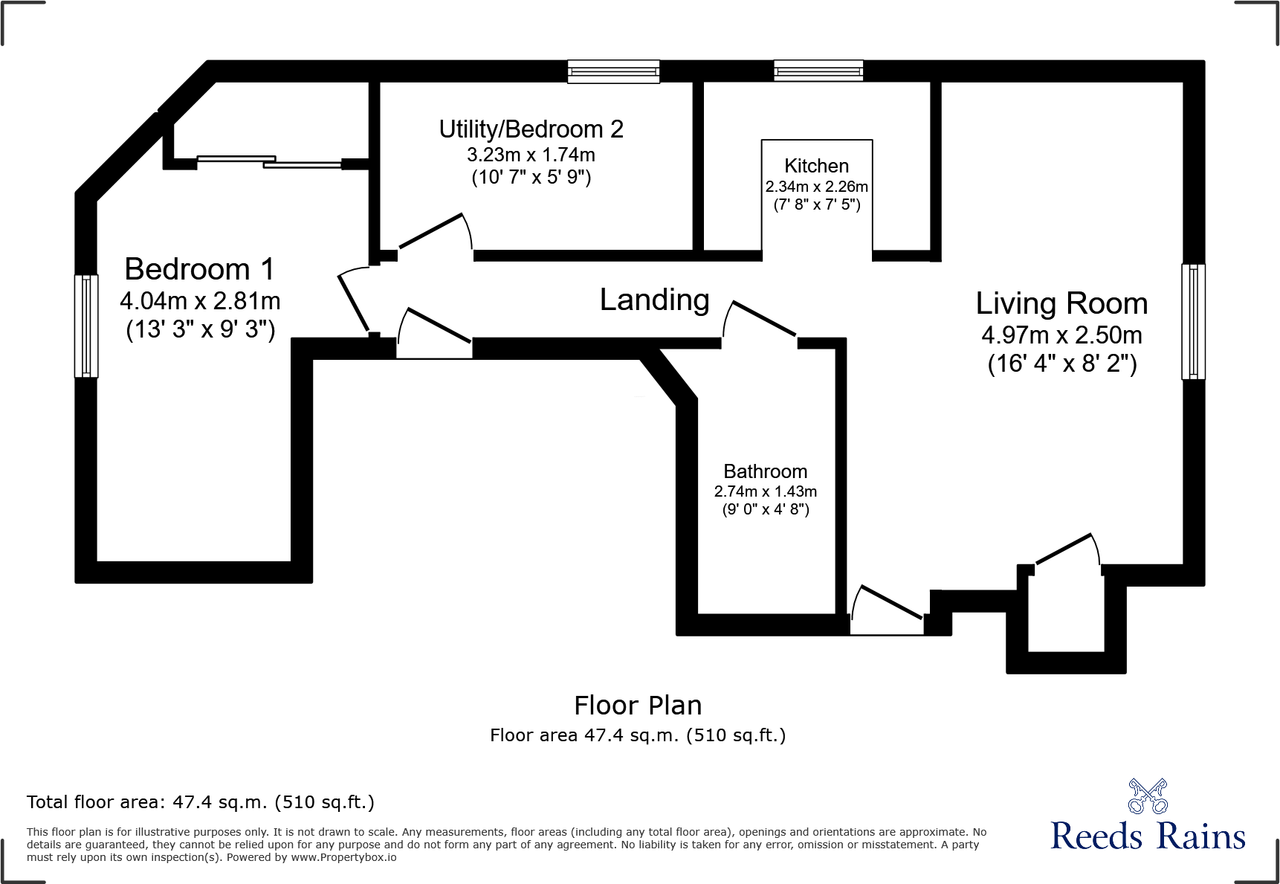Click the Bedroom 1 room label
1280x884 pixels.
click(x=199, y=269)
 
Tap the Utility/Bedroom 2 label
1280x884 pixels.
click(x=531, y=129)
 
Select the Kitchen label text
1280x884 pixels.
click(x=816, y=166)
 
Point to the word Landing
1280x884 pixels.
click(x=654, y=300)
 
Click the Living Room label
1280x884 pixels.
click(x=1061, y=303)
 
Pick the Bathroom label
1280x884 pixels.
click(x=765, y=471)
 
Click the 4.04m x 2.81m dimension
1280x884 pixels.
click(x=200, y=301)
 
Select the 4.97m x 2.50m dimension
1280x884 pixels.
click(x=1061, y=335)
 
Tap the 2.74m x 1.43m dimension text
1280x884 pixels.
click(x=765, y=491)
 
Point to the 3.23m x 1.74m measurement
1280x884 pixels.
click(x=531, y=155)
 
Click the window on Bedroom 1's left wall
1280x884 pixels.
click(x=86, y=326)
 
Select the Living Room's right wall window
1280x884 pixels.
click(x=1193, y=322)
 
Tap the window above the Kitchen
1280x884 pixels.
click(x=818, y=71)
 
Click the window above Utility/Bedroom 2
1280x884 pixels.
click(x=613, y=71)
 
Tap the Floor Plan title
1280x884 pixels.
click(x=638, y=705)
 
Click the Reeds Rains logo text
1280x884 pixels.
click(x=1147, y=836)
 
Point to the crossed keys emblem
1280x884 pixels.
click(x=1148, y=796)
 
